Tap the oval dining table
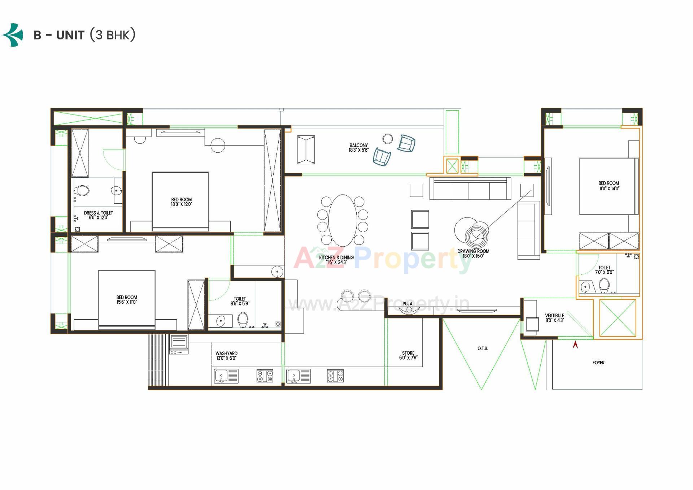(x=343, y=220)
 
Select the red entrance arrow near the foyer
(x=575, y=345)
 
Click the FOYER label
(x=598, y=363)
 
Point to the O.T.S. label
(x=483, y=348)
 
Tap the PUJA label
(x=407, y=304)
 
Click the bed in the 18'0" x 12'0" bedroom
(x=180, y=201)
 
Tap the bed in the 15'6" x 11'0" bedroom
(x=127, y=300)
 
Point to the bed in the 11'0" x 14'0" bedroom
(x=608, y=186)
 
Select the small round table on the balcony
(x=387, y=139)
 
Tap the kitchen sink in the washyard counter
(x=222, y=376)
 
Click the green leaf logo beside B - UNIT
(x=13, y=35)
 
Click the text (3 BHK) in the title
(x=112, y=35)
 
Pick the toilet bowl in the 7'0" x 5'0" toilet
(x=604, y=286)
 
